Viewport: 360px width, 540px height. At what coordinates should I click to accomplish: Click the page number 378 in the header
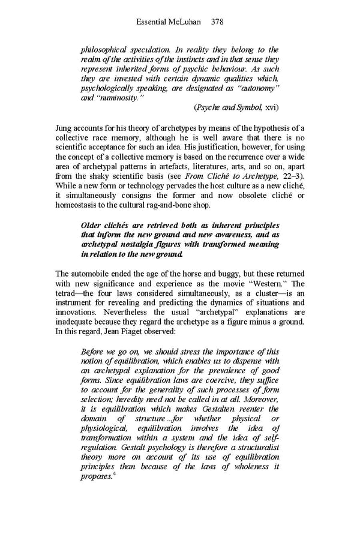tap(217, 22)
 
